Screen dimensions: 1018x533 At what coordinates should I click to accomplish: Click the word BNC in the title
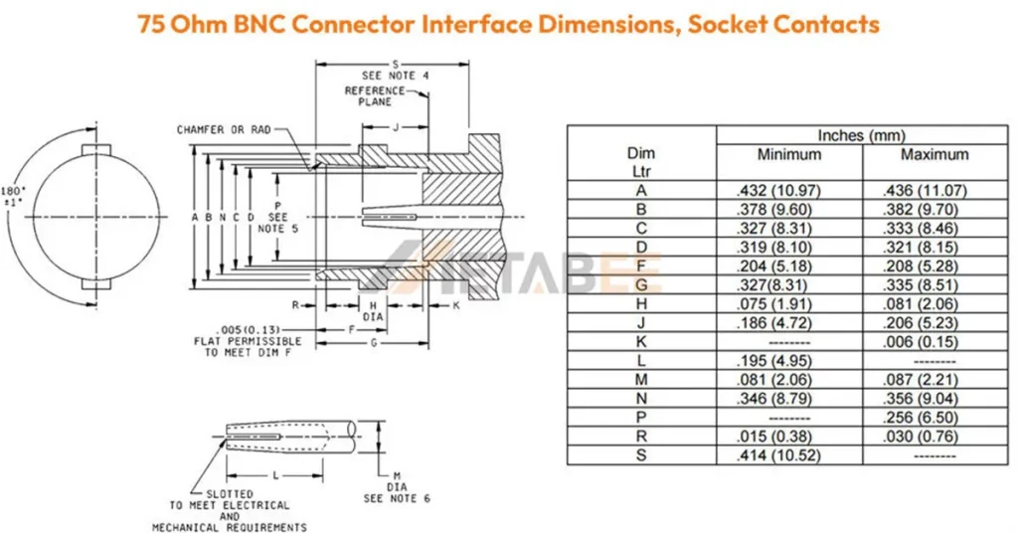[257, 24]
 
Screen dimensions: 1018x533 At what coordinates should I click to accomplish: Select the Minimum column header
[788, 154]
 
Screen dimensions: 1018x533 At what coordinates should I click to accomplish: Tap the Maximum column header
[934, 154]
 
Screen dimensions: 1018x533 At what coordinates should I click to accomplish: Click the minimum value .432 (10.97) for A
[778, 191]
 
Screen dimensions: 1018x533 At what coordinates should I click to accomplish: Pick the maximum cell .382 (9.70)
[920, 210]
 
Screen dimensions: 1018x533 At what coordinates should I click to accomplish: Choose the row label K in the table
[641, 341]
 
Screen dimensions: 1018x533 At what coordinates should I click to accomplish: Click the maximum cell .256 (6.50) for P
[920, 418]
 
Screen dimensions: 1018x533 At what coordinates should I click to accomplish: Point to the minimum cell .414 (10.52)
[778, 455]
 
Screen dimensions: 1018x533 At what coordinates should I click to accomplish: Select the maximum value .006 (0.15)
[920, 342]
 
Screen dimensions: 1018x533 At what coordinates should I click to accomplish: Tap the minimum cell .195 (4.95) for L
[773, 361]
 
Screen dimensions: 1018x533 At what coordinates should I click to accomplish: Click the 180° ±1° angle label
[13, 196]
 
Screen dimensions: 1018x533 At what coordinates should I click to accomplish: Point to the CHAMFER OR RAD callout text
[224, 130]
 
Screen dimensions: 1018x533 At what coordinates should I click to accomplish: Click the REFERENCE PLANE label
[374, 96]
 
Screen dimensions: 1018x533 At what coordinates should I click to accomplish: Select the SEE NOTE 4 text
[395, 76]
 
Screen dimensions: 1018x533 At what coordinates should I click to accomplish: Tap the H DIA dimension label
[373, 311]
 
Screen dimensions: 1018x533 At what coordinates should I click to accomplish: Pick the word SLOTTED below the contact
[230, 494]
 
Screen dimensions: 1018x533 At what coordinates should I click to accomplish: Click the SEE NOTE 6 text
[397, 498]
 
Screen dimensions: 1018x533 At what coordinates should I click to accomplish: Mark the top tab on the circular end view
[96, 150]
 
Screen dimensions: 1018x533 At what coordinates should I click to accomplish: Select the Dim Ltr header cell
[641, 162]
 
